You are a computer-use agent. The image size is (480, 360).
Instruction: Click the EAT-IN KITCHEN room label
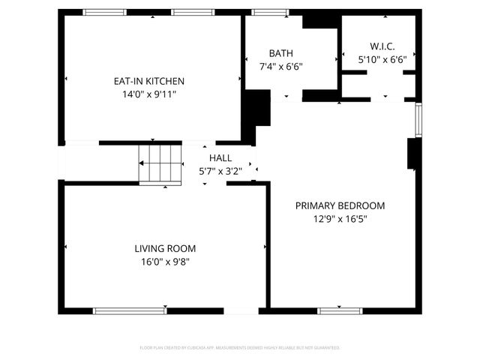click(x=148, y=81)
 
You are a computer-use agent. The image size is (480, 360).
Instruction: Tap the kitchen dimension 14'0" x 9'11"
click(x=148, y=94)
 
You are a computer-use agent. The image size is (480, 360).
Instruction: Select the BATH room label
click(x=281, y=53)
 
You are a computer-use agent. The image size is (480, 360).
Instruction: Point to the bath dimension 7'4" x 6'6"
click(x=281, y=66)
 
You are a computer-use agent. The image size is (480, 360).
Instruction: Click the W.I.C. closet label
click(x=382, y=46)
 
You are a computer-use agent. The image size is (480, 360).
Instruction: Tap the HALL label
click(x=220, y=158)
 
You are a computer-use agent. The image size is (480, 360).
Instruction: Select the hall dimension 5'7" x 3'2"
click(x=220, y=171)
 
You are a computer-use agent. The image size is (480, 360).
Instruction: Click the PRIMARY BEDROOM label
click(x=340, y=205)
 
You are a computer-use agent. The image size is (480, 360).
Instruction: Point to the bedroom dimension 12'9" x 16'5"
click(x=340, y=219)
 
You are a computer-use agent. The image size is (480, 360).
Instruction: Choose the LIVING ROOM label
click(x=165, y=248)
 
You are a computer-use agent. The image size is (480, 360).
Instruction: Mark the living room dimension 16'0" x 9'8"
click(x=165, y=262)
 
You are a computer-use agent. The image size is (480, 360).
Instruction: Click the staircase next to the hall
click(x=161, y=164)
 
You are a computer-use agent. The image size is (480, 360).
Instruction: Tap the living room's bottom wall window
click(x=130, y=310)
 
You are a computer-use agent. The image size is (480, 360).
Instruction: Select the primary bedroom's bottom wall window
click(x=340, y=310)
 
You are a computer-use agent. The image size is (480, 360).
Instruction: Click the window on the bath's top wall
click(x=265, y=12)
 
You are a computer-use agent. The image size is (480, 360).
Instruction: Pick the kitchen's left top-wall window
click(x=104, y=12)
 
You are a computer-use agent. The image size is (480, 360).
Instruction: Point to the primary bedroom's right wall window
click(x=418, y=116)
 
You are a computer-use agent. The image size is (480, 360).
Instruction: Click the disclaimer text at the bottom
click(x=240, y=348)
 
